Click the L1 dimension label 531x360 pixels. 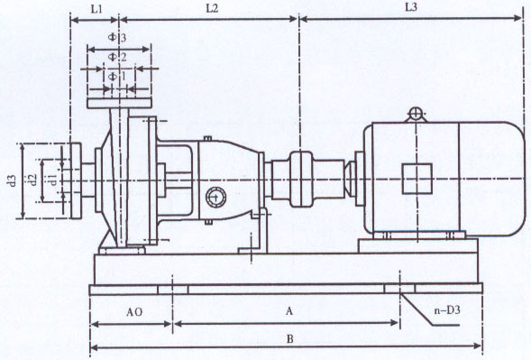[x=96, y=9]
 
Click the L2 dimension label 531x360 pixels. [x=213, y=9]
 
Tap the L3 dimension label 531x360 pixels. [x=411, y=7]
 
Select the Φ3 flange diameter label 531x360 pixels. [x=117, y=37]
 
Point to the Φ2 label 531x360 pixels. [x=117, y=57]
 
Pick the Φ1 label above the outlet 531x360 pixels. [x=116, y=77]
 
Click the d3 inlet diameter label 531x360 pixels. [x=12, y=180]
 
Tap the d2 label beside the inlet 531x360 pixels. [x=32, y=180]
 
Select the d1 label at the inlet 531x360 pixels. [x=53, y=180]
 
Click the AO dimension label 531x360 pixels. [x=134, y=312]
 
